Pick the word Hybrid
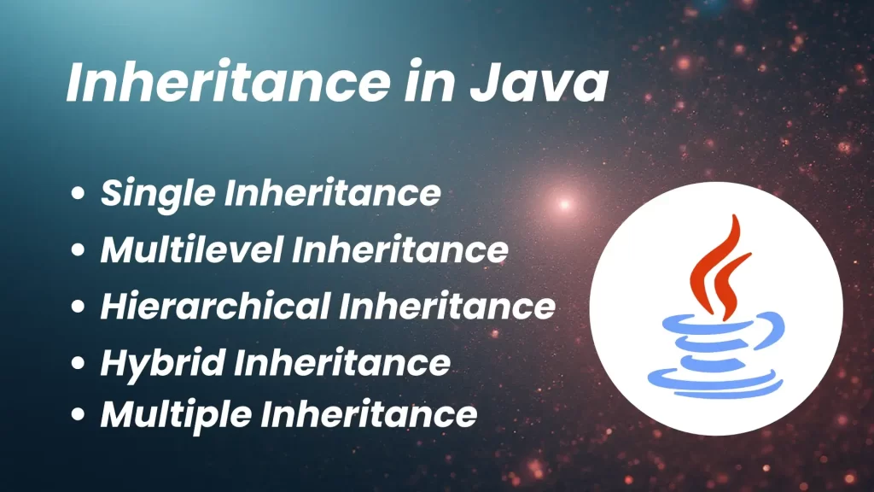coord(161,362)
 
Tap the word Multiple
coord(174,415)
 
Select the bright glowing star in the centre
coord(563,204)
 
